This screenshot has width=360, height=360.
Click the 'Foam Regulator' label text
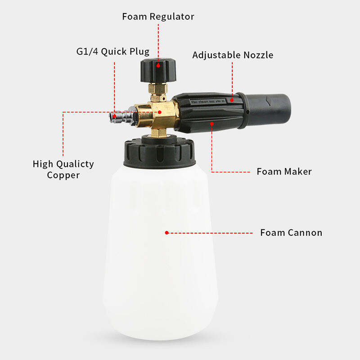pyautogui.click(x=158, y=17)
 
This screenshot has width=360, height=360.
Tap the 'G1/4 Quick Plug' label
pyautogui.click(x=113, y=52)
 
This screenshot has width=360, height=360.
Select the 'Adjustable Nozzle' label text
pyautogui.click(x=233, y=55)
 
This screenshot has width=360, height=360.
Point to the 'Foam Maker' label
pyautogui.click(x=284, y=171)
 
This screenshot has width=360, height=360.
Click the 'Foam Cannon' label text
pyautogui.click(x=291, y=233)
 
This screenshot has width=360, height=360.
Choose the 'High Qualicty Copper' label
pyautogui.click(x=63, y=170)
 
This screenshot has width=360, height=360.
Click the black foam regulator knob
pyautogui.click(x=158, y=70)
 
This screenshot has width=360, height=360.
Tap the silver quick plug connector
pyautogui.click(x=121, y=117)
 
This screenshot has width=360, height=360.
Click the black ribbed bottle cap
pyautogui.click(x=160, y=152)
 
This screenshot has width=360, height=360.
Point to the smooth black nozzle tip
pyautogui.click(x=267, y=110)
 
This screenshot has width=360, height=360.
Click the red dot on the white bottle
pyautogui.click(x=167, y=233)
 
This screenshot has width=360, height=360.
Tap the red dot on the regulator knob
pyautogui.click(x=158, y=66)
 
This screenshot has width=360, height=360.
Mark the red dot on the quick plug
pyautogui.click(x=114, y=117)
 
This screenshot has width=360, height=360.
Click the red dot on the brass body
pyautogui.click(x=160, y=112)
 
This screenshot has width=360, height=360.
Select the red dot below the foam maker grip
pyautogui.click(x=211, y=124)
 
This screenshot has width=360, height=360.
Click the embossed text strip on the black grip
pyautogui.click(x=208, y=102)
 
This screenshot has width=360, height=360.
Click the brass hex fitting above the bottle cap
pyautogui.click(x=159, y=132)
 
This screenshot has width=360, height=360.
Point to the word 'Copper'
pyautogui.click(x=63, y=175)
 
